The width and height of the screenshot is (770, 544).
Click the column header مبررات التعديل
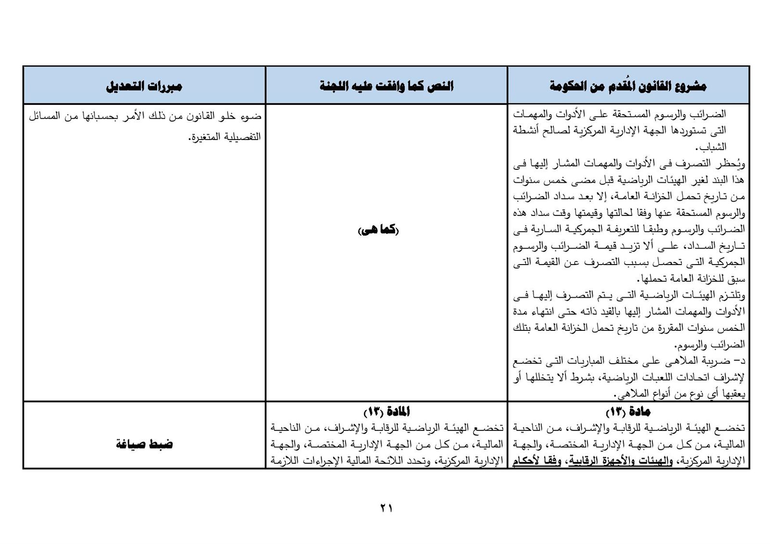click(x=144, y=87)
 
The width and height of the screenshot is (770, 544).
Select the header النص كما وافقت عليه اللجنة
click(x=386, y=87)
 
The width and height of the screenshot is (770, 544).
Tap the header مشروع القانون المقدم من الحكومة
click(x=628, y=87)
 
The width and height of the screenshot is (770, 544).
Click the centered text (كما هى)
click(x=379, y=230)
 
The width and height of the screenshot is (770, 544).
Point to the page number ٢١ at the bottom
click(x=386, y=508)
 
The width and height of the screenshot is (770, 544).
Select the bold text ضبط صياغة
click(x=144, y=444)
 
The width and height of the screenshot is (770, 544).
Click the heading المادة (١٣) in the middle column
click(x=386, y=412)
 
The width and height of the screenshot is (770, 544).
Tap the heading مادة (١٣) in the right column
click(x=628, y=412)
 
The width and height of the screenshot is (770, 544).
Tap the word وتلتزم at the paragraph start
click(x=733, y=295)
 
